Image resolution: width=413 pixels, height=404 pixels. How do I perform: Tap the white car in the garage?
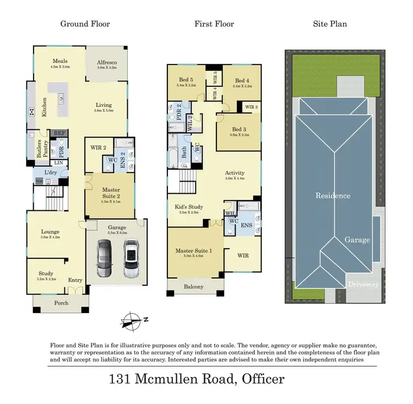(x=131, y=258)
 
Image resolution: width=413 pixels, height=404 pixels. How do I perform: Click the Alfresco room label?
(x=107, y=63)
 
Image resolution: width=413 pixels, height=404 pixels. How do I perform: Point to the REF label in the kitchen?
(x=58, y=133)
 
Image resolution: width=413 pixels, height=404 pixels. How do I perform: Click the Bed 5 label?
(x=186, y=80)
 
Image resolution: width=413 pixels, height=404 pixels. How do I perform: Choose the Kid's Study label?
(x=189, y=207)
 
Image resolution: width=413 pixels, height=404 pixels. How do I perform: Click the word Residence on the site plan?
(x=333, y=195)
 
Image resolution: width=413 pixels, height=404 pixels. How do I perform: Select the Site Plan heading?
(x=331, y=24)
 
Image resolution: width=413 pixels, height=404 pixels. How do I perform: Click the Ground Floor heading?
(x=85, y=24)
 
